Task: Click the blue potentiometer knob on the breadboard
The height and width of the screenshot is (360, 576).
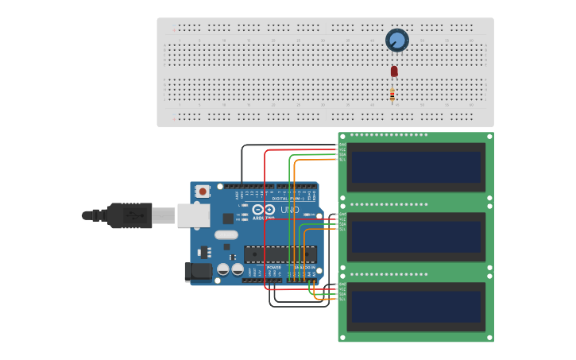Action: (x=396, y=40)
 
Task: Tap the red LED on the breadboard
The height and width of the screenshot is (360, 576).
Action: (x=394, y=72)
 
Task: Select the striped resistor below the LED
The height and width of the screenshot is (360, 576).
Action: (x=392, y=95)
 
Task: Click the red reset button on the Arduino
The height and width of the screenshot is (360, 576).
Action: (x=203, y=191)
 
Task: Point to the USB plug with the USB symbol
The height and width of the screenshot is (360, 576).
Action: (x=130, y=215)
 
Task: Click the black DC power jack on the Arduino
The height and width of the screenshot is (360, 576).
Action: (x=198, y=272)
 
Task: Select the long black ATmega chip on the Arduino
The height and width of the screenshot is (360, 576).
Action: (x=280, y=254)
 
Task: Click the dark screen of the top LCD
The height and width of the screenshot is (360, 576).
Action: (x=416, y=168)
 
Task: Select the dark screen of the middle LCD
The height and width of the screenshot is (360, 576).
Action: (x=416, y=237)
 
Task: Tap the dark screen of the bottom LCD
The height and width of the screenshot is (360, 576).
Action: (x=416, y=307)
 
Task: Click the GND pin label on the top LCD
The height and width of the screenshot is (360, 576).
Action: (x=342, y=145)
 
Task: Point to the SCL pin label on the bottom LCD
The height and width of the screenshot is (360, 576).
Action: (x=342, y=300)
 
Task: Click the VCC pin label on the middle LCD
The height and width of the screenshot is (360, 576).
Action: (x=342, y=219)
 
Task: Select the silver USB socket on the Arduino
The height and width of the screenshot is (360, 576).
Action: (x=193, y=215)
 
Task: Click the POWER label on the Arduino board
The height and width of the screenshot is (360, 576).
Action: (x=274, y=268)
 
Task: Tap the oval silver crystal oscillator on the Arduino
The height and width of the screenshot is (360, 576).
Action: (x=226, y=234)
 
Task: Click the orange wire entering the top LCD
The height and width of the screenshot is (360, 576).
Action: (x=318, y=160)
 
